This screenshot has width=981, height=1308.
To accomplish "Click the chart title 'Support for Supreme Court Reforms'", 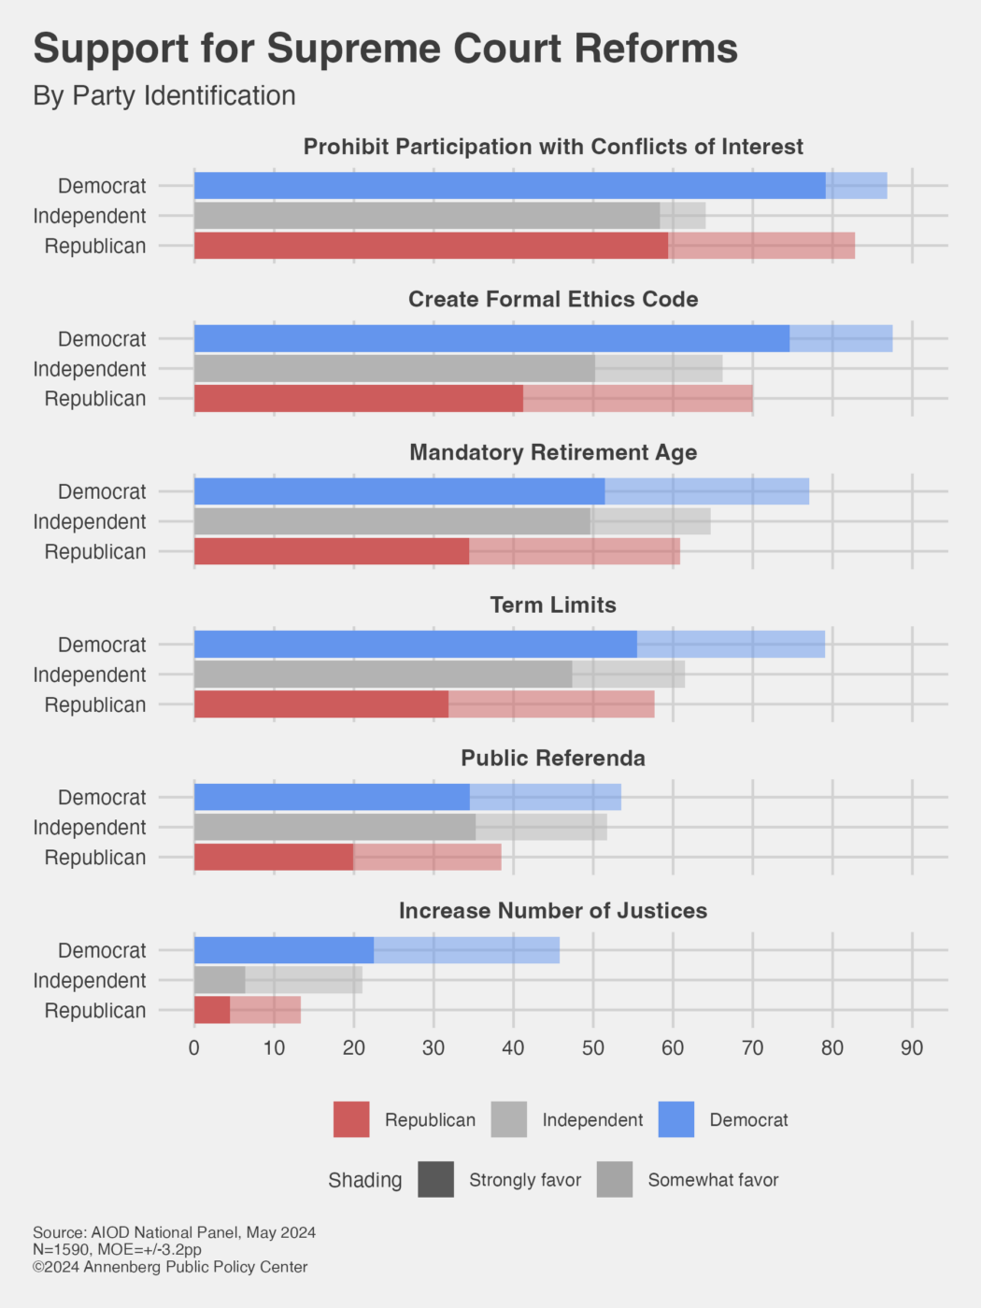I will click(x=385, y=49).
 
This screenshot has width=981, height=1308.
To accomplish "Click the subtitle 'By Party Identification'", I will click(x=164, y=96).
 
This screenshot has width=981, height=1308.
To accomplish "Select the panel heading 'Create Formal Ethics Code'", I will click(x=553, y=299).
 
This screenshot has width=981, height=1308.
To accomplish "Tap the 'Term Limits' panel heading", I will click(x=553, y=604).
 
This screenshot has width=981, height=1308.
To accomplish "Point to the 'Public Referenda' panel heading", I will click(x=553, y=758).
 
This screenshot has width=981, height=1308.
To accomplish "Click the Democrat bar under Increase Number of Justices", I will click(x=377, y=950).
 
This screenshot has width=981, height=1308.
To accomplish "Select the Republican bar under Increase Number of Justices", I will click(x=248, y=1010).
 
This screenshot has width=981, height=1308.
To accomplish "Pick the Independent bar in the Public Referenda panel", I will click(x=400, y=827).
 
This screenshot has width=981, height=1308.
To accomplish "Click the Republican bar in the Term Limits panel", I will click(x=424, y=704).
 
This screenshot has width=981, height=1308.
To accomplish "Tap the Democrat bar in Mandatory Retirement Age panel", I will click(x=502, y=491).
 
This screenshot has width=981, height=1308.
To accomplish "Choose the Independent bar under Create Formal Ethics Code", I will click(x=458, y=368).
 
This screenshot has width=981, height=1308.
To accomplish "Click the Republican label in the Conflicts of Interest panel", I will click(x=95, y=247).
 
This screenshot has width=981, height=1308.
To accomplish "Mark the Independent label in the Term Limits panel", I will click(x=90, y=675).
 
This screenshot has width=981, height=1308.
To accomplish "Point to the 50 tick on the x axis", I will click(x=593, y=1048).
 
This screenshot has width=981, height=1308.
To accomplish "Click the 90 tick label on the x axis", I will click(x=912, y=1048).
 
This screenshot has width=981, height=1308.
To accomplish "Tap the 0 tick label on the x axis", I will click(x=194, y=1048).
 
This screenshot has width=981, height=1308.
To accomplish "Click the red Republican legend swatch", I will click(x=351, y=1119).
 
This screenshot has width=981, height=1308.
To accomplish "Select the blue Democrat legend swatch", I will click(x=676, y=1119).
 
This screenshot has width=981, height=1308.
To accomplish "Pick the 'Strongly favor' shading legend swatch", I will click(x=436, y=1179).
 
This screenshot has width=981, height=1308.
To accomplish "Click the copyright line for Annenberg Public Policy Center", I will click(x=170, y=1267).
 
